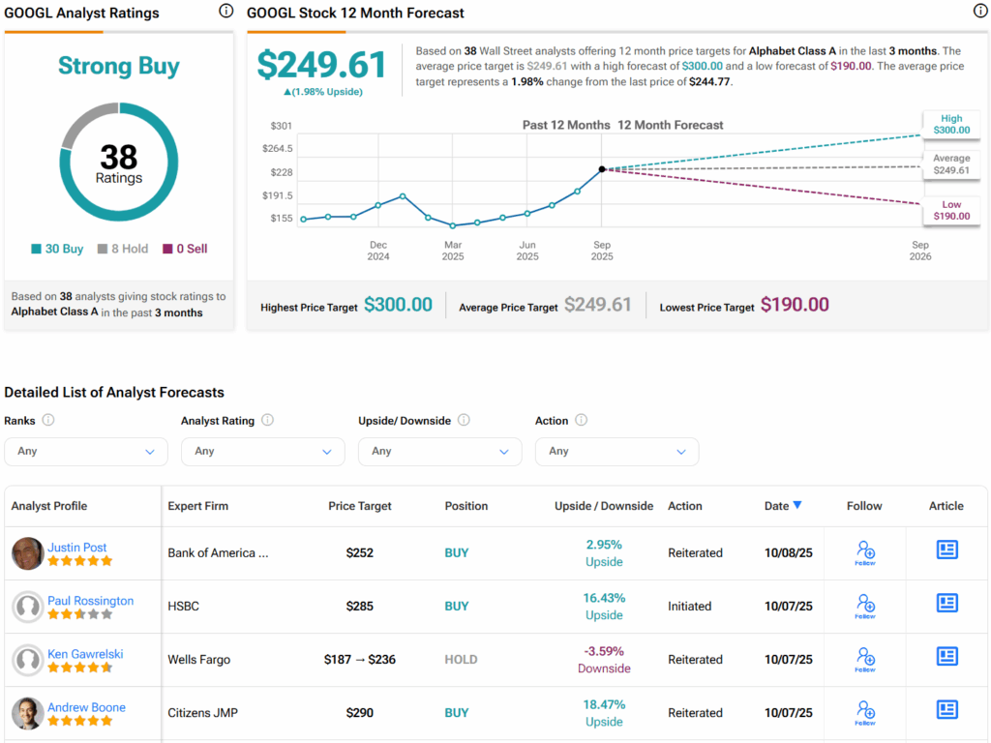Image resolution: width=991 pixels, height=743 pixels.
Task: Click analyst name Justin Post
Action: (x=77, y=547)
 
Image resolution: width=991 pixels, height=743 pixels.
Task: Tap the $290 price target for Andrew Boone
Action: (x=360, y=713)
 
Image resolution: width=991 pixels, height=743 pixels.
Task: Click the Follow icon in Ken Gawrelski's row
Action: (x=865, y=660)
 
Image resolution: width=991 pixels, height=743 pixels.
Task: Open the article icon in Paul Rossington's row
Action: (x=946, y=604)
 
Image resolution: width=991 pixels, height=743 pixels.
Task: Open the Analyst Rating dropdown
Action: (x=262, y=451)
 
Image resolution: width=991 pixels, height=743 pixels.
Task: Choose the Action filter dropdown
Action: (x=616, y=451)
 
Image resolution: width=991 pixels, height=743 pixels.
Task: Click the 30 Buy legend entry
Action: (x=57, y=249)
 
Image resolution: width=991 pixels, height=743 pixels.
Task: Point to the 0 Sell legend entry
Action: (x=185, y=249)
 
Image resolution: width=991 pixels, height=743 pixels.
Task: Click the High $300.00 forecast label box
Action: (x=950, y=123)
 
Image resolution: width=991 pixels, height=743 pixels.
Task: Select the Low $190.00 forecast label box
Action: (x=950, y=210)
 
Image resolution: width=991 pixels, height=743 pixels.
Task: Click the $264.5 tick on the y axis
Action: (x=278, y=149)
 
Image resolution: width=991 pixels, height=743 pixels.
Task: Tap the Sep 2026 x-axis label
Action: (x=920, y=251)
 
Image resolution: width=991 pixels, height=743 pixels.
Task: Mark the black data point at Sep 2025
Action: (x=602, y=169)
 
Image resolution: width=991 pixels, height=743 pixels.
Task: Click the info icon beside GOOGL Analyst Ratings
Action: (x=225, y=12)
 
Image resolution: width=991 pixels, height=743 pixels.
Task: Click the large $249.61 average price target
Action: (x=322, y=65)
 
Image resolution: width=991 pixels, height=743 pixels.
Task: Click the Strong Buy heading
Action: (x=119, y=66)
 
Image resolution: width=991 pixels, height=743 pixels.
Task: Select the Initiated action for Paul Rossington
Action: (x=689, y=607)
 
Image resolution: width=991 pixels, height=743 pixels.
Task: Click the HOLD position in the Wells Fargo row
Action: (x=461, y=660)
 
